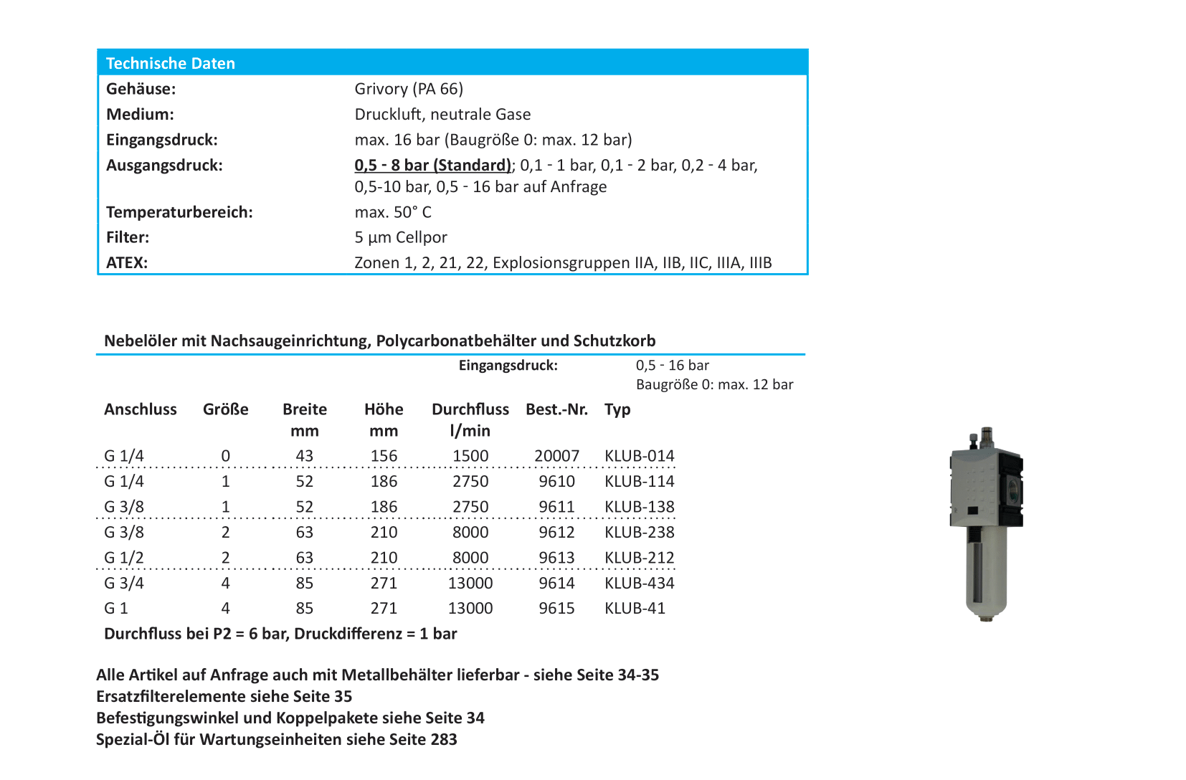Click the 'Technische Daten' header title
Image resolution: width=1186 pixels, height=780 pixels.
pyautogui.click(x=170, y=63)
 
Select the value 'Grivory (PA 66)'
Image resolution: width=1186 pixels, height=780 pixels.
pyautogui.click(x=409, y=89)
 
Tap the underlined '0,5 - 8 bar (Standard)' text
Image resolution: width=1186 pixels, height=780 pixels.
pyautogui.click(x=432, y=166)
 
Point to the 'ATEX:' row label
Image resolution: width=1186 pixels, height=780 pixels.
pyautogui.click(x=127, y=263)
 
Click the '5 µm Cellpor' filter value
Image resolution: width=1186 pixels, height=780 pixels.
pyautogui.click(x=400, y=237)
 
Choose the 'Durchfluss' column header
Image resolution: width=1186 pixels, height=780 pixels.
pyautogui.click(x=470, y=409)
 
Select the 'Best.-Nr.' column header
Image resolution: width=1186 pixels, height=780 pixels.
pyautogui.click(x=556, y=409)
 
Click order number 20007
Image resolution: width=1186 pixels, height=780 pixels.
pyautogui.click(x=556, y=456)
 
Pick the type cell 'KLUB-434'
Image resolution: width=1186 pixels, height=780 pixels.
pyautogui.click(x=639, y=583)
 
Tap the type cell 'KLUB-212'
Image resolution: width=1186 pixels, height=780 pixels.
pyautogui.click(x=639, y=558)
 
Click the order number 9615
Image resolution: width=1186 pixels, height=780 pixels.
pyautogui.click(x=556, y=609)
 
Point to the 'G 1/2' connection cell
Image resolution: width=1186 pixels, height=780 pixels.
pyautogui.click(x=124, y=558)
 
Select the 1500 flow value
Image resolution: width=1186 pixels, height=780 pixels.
pyautogui.click(x=470, y=456)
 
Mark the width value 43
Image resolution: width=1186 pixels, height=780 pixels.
pyautogui.click(x=304, y=456)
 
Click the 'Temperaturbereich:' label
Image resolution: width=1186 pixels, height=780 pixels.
pyautogui.click(x=179, y=212)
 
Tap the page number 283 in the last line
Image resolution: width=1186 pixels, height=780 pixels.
pyautogui.click(x=444, y=740)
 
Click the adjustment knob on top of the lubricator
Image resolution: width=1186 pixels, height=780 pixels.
pyautogui.click(x=987, y=435)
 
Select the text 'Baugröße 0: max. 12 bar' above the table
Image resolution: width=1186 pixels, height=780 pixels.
pyautogui.click(x=714, y=385)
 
